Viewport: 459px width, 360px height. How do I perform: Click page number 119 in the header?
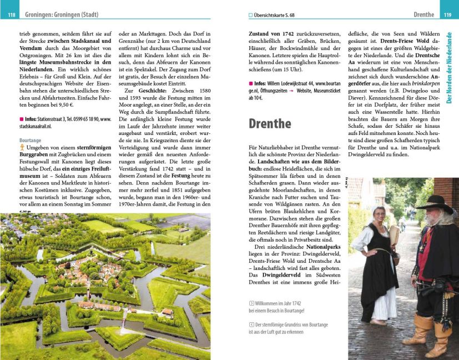coord(447,14)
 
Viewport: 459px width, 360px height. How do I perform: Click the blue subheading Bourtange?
coord(31,141)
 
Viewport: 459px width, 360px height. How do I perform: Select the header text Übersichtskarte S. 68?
coord(273,14)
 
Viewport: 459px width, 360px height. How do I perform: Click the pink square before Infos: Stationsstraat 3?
coord(21,119)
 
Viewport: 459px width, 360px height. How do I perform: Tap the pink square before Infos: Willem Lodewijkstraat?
coord(250,83)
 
